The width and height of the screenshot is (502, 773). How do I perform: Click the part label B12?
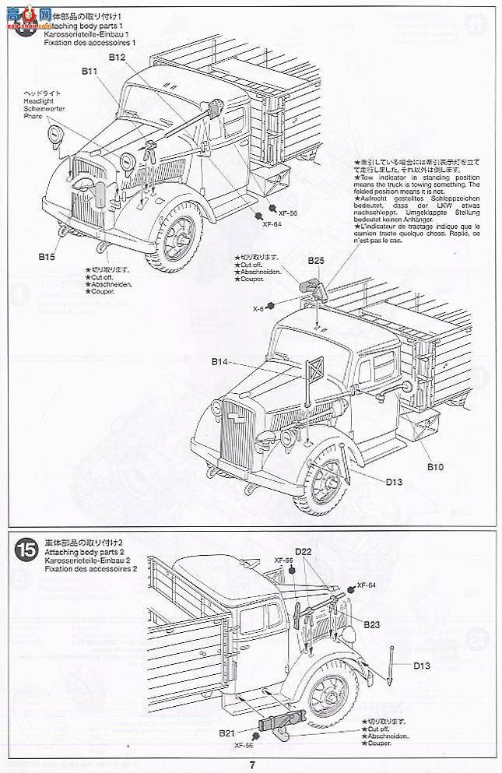pyautogui.click(x=118, y=58)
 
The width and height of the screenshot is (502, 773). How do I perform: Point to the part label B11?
pyautogui.click(x=89, y=72)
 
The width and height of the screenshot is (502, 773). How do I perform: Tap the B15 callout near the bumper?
pyautogui.click(x=48, y=255)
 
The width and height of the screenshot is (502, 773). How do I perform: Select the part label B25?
pyautogui.click(x=315, y=261)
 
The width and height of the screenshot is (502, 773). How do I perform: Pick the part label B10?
pyautogui.click(x=435, y=466)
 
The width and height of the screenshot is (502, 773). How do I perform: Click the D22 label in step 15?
pyautogui.click(x=304, y=553)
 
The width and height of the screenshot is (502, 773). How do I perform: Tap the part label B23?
pyautogui.click(x=372, y=623)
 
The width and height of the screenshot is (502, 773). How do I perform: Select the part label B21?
pyautogui.click(x=226, y=733)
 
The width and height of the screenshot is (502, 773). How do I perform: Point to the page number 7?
pyautogui.click(x=251, y=764)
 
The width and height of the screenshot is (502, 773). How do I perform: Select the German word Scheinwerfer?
pyautogui.click(x=44, y=109)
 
